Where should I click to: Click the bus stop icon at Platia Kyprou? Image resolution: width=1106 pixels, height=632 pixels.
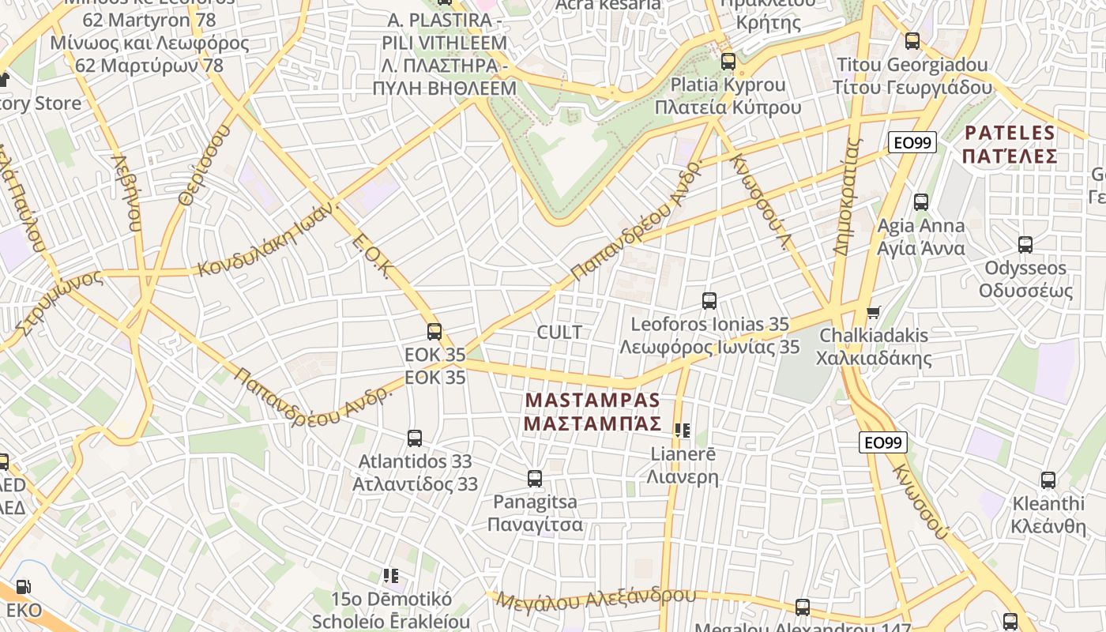pyautogui.click(x=728, y=61)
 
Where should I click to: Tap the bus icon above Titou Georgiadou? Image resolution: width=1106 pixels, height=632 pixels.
pyautogui.click(x=912, y=41)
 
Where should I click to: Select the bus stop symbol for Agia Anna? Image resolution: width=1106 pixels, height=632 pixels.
pyautogui.click(x=921, y=202)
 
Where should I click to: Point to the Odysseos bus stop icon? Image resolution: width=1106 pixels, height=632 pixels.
pyautogui.click(x=1025, y=245)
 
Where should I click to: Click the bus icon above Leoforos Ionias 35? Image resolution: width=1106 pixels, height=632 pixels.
pyautogui.click(x=709, y=301)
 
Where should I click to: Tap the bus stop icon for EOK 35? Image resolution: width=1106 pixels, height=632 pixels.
pyautogui.click(x=434, y=332)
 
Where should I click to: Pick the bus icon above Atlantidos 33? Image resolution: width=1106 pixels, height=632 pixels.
pyautogui.click(x=415, y=438)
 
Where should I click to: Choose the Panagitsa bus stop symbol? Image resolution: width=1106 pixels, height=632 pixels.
pyautogui.click(x=535, y=478)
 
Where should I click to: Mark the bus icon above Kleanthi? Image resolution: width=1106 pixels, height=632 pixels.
pyautogui.click(x=1048, y=480)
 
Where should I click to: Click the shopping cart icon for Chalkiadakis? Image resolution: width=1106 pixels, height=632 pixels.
pyautogui.click(x=874, y=313)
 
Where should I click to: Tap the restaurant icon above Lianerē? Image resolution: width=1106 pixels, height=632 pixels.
pyautogui.click(x=683, y=431)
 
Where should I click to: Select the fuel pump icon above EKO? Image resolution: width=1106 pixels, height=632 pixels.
pyautogui.click(x=24, y=587)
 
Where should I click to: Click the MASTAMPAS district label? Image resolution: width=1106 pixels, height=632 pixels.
pyautogui.click(x=592, y=412)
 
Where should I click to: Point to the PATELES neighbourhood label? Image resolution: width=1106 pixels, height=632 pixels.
pyautogui.click(x=1010, y=144)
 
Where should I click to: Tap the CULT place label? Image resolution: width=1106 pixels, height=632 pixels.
pyautogui.click(x=559, y=332)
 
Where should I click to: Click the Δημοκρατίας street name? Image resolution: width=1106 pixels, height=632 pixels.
pyautogui.click(x=846, y=197)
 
